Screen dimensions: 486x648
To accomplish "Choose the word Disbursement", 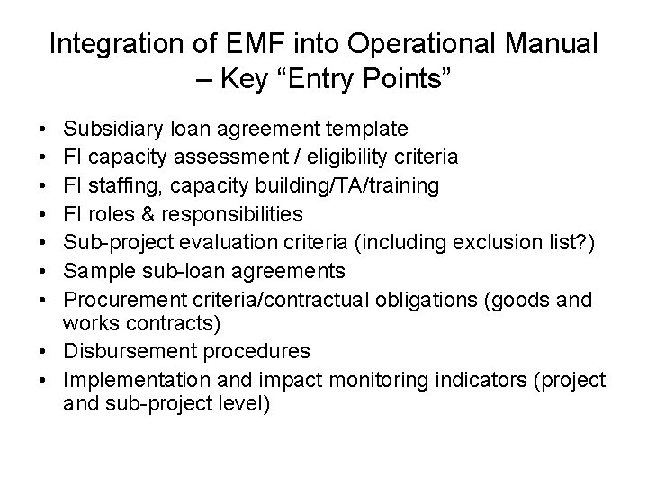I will pyautogui.click(x=130, y=350).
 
